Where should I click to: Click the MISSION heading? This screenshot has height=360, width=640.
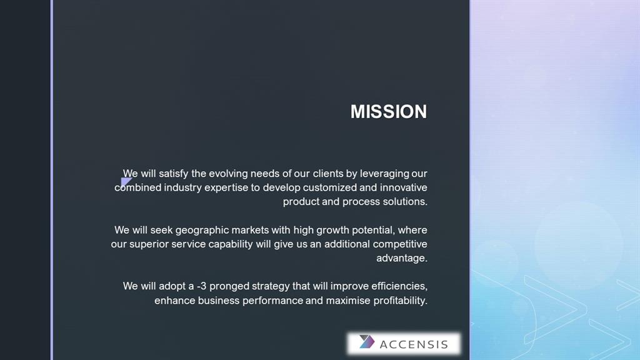pyautogui.click(x=389, y=112)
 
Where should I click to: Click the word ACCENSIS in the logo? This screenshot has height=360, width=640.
pyautogui.click(x=414, y=344)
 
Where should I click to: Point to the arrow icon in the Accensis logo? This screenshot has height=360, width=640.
pyautogui.click(x=366, y=342)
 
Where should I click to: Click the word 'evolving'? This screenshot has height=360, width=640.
pyautogui.click(x=228, y=174)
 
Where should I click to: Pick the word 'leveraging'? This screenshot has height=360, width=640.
pyautogui.click(x=384, y=174)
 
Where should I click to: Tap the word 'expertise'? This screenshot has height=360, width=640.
pyautogui.click(x=226, y=187)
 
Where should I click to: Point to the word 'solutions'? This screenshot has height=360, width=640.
pyautogui.click(x=405, y=202)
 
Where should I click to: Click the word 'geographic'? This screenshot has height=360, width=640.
pyautogui.click(x=202, y=230)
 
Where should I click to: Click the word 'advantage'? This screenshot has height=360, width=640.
pyautogui.click(x=402, y=258)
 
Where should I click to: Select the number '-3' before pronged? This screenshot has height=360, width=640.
pyautogui.click(x=202, y=286)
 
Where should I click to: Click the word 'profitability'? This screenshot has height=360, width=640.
pyautogui.click(x=401, y=301)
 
